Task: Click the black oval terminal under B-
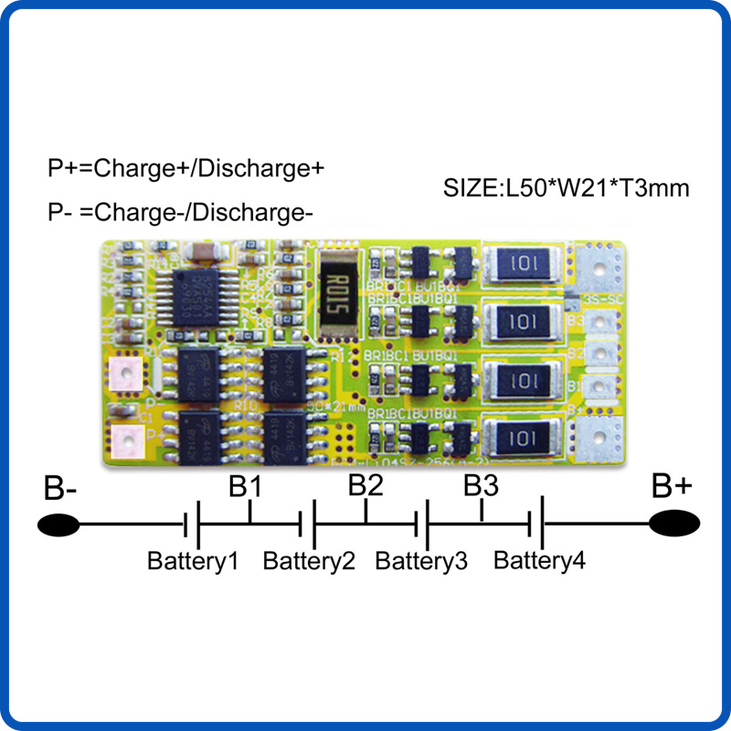pyautogui.click(x=59, y=524)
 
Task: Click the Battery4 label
pyautogui.click(x=539, y=559)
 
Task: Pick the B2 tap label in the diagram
pyautogui.click(x=365, y=485)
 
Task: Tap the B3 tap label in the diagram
pyautogui.click(x=480, y=485)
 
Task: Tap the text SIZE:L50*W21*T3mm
pyautogui.click(x=566, y=189)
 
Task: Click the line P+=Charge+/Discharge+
pyautogui.click(x=186, y=169)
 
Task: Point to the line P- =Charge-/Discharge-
pyautogui.click(x=180, y=213)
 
